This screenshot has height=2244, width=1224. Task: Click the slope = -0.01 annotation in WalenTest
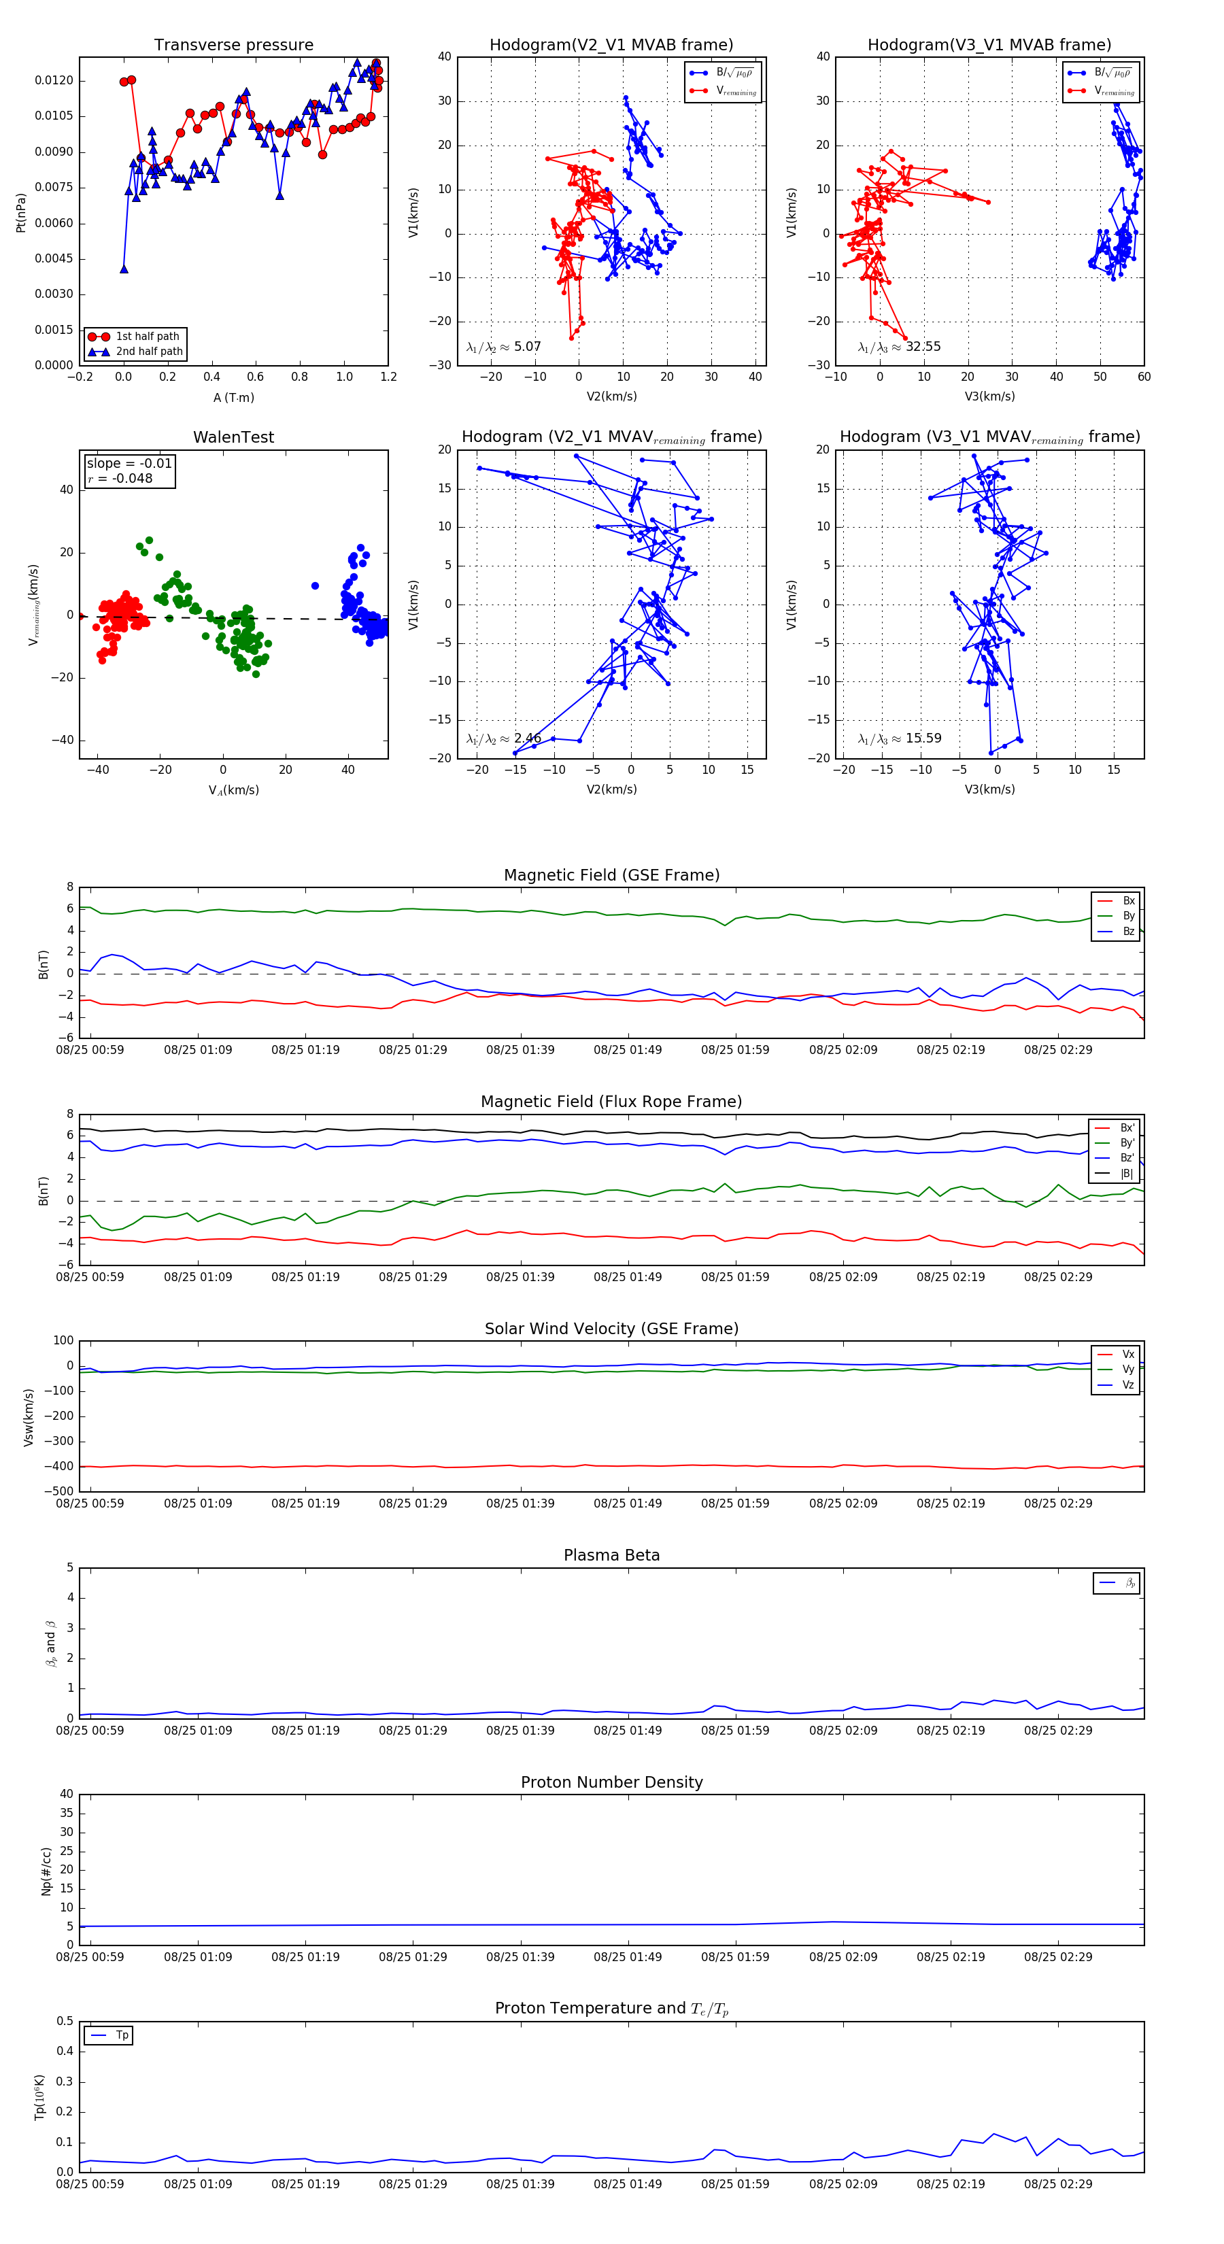[x=129, y=464]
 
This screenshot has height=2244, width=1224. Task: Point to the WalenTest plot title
[x=233, y=437]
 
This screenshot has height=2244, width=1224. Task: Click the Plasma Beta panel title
[x=611, y=1556]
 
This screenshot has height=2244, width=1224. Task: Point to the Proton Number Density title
[x=611, y=1782]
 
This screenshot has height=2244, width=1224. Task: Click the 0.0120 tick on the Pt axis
[x=54, y=81]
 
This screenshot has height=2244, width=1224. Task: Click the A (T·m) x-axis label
[x=233, y=398]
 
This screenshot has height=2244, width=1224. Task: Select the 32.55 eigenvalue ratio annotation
[x=923, y=347]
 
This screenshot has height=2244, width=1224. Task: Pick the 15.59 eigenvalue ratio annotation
[x=923, y=738]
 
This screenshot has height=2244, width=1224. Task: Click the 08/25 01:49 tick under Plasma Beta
[x=627, y=1731]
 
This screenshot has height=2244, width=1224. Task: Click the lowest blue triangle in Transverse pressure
[x=124, y=269]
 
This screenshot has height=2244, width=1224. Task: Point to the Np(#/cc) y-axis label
[x=46, y=1871]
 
